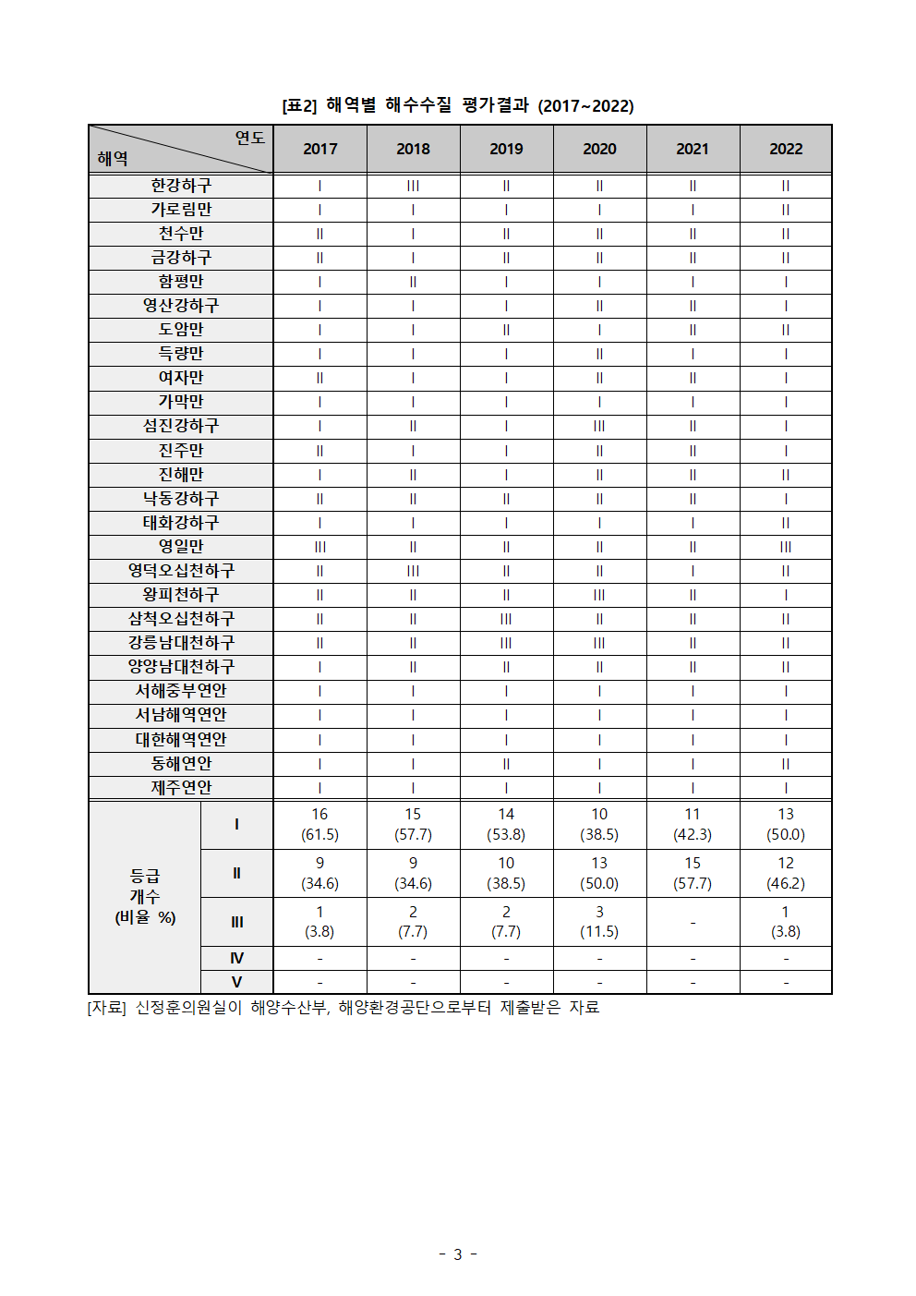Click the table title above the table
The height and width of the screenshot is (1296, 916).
(x=458, y=105)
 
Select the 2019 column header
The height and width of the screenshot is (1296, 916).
(x=506, y=149)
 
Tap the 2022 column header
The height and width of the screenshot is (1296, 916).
(x=786, y=149)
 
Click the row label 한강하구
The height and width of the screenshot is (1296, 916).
(x=181, y=186)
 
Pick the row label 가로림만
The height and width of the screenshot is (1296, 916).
(x=181, y=210)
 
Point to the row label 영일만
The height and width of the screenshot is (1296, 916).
(x=181, y=547)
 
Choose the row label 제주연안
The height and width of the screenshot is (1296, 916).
(x=181, y=787)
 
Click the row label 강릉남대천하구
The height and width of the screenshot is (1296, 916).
(x=181, y=643)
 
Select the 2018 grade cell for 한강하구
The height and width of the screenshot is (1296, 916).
(x=413, y=186)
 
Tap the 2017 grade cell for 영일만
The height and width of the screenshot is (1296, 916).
(x=319, y=547)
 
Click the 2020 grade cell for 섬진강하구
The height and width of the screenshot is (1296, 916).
(x=599, y=426)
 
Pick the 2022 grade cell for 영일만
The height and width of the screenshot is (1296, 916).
(x=786, y=547)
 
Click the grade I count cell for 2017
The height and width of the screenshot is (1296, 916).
(x=319, y=824)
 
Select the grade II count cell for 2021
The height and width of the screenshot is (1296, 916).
(x=693, y=873)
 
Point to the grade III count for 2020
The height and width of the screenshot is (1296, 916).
(x=599, y=922)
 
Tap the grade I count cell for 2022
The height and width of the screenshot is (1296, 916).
(x=786, y=824)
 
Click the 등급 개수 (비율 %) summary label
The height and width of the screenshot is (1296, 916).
(x=145, y=896)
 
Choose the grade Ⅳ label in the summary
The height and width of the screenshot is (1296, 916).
(x=236, y=959)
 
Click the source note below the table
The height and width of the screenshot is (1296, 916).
(x=343, y=1008)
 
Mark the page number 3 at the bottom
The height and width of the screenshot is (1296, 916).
(x=457, y=1254)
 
